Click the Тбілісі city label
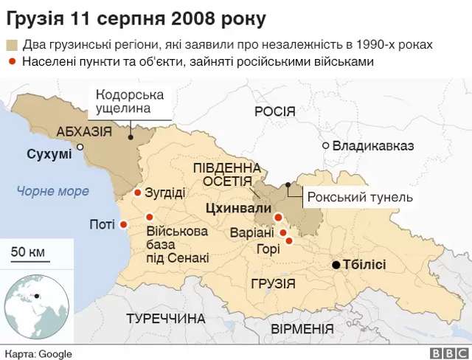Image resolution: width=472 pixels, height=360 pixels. (x=366, y=265)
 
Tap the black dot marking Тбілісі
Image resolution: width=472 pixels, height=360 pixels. (x=336, y=265)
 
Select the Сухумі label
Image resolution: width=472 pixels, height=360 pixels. (x=49, y=154)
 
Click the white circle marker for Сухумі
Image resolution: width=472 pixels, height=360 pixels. (x=80, y=147)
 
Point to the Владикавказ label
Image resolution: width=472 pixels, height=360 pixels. (x=373, y=145)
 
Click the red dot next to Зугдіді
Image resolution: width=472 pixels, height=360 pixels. (x=137, y=193)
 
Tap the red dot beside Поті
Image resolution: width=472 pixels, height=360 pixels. (x=124, y=224)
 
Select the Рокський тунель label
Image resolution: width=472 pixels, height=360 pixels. (x=360, y=197)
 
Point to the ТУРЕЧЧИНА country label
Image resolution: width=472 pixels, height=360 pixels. (x=165, y=319)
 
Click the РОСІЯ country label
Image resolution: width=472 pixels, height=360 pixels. (x=274, y=111)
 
